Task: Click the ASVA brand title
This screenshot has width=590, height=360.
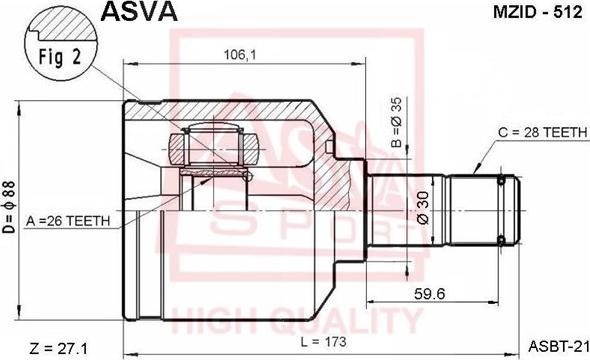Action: pyautogui.click(x=139, y=11)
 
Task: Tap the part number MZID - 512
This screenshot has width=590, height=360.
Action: pyautogui.click(x=538, y=12)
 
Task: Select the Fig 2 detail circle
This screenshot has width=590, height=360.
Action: pyautogui.click(x=61, y=46)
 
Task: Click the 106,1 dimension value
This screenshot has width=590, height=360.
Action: pyautogui.click(x=240, y=55)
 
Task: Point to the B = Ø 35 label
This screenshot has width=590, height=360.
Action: pyautogui.click(x=396, y=122)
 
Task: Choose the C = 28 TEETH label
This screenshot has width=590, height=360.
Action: pyautogui.click(x=543, y=132)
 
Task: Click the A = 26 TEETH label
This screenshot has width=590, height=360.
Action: pyautogui.click(x=68, y=221)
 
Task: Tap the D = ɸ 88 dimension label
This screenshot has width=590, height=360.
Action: pyautogui.click(x=9, y=207)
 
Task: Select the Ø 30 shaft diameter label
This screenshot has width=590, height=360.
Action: pyautogui.click(x=423, y=208)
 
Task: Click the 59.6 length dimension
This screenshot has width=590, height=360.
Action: pyautogui.click(x=429, y=293)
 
